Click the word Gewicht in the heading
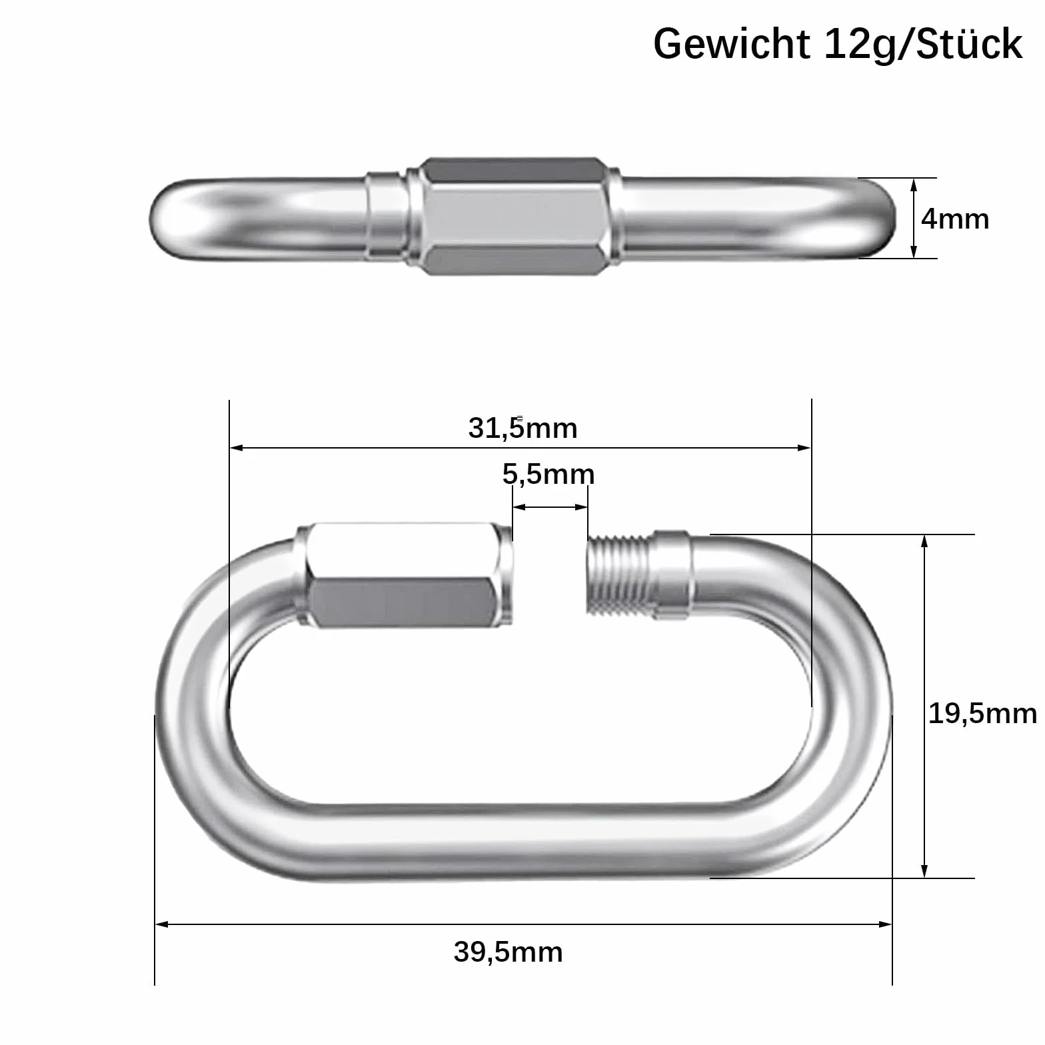pos(731,45)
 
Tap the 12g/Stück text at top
pos(923,45)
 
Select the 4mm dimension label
pos(955,219)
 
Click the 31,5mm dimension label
pos(522,428)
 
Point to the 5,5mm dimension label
pos(548,474)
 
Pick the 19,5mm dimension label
pos(982,714)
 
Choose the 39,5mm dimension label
pos(509,952)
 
